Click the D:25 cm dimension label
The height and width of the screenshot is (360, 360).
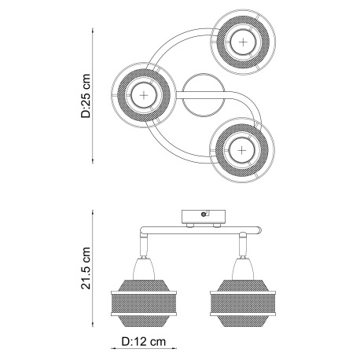tap(86, 96)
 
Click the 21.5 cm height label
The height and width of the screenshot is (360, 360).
tap(86, 268)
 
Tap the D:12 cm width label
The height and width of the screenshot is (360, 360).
tap(144, 341)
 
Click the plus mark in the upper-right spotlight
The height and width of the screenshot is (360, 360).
tap(243, 42)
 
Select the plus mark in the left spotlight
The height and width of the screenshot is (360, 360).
tap(144, 95)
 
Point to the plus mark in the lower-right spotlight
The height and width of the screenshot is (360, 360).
tap(241, 150)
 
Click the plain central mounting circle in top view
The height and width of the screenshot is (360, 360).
tap(204, 95)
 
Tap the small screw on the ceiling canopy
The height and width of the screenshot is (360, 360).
tap(204, 215)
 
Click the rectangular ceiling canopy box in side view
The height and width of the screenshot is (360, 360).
tap(204, 217)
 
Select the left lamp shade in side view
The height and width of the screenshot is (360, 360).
tap(144, 303)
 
